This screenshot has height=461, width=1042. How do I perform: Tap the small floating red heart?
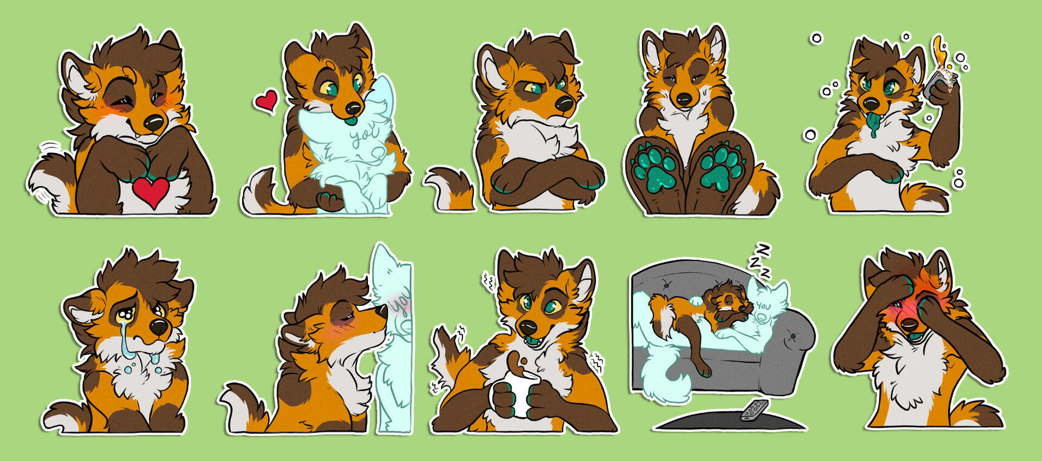tap(266, 101)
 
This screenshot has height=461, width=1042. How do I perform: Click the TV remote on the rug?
tap(754, 410)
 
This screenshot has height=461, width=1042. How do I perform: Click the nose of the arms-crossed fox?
tap(564, 104)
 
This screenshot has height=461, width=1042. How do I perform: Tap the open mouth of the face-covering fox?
tap(909, 328)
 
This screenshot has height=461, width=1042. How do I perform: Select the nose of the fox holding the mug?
tap(529, 327)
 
